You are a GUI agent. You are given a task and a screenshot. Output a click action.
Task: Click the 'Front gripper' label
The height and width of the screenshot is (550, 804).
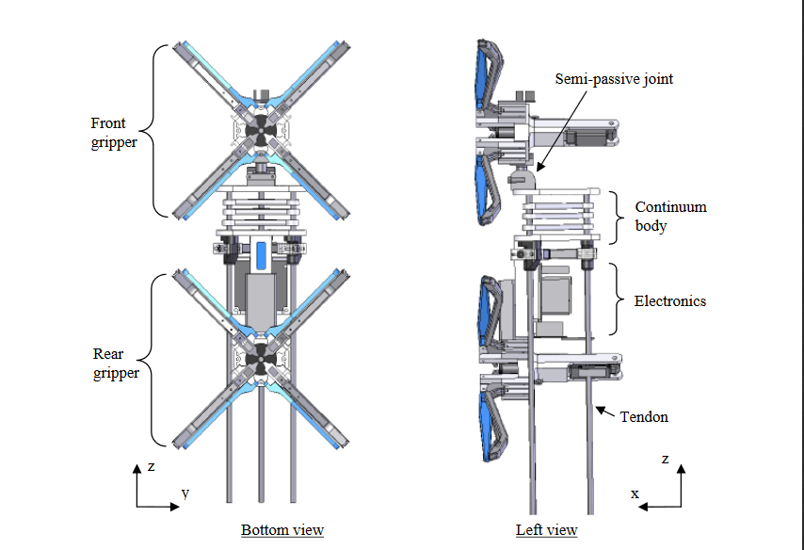pos(114,133)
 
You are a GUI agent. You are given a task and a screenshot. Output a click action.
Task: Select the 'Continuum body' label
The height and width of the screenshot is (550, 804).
pos(670,216)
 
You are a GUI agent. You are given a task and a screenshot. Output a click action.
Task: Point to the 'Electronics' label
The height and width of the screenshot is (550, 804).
pos(670,301)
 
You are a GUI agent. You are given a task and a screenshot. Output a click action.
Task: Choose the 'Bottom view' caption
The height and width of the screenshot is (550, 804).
pos(282,530)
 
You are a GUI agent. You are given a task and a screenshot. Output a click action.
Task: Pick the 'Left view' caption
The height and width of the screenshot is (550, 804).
pos(546,530)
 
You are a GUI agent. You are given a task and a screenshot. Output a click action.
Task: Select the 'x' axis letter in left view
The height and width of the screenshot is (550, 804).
pos(635,493)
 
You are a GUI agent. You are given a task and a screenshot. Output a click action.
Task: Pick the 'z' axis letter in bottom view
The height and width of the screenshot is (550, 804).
pos(151,467)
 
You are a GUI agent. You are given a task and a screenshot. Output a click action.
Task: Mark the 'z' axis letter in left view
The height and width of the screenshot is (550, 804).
pos(665,459)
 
